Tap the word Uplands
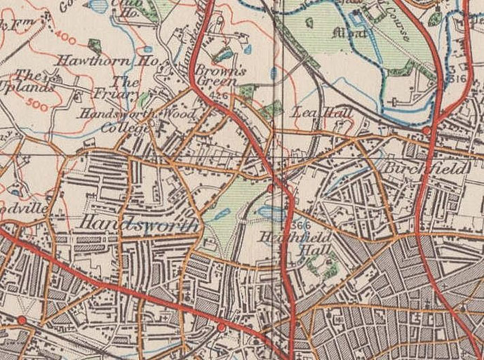click(x=30, y=88)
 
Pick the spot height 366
click(x=300, y=225)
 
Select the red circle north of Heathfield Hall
click(x=271, y=187)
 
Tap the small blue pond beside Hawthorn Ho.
click(x=147, y=51)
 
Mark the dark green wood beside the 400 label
click(x=94, y=46)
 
